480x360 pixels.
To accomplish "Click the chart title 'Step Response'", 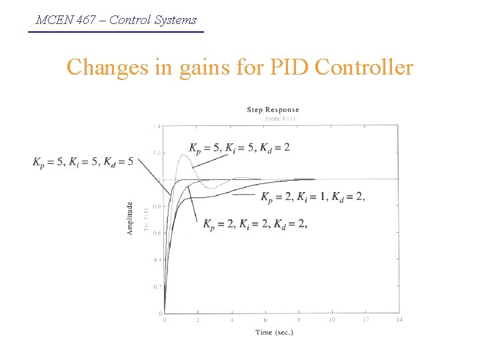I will coord(273,110).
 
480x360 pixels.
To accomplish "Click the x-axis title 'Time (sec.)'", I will coord(274,332).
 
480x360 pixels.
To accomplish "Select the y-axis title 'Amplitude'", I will coord(130,218).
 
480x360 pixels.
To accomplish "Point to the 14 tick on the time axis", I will coord(399,320).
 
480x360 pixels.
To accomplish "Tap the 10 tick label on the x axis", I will coord(332,320).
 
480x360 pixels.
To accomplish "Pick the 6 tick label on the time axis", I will coord(265,320).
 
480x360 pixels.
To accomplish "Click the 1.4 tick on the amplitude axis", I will coord(157,126).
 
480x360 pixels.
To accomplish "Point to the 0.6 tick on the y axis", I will coord(157,233).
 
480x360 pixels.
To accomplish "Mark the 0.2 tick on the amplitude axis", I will coord(157,286).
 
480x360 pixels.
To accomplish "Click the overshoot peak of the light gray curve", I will coord(183,155).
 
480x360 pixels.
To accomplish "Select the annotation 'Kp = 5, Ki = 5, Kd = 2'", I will coord(239,147).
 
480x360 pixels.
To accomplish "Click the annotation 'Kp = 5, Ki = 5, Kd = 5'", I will coord(83,161).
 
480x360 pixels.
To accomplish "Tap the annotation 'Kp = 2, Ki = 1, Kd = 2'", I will coord(312,196).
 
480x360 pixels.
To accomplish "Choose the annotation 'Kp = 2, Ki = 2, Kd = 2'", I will coord(255,223).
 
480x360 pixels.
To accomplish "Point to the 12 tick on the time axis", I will coord(365,320).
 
